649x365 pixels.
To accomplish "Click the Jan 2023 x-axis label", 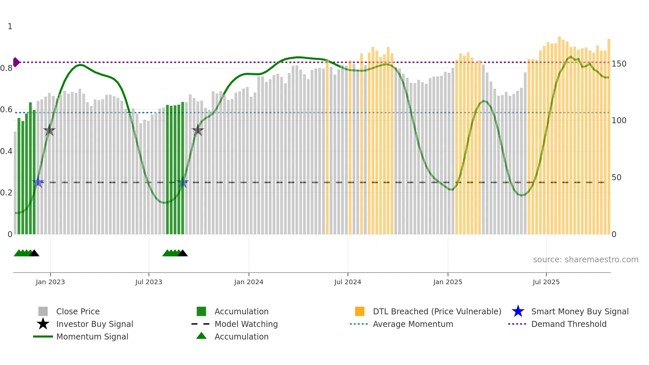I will [50, 282].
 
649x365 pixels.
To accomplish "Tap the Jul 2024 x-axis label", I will [347, 282].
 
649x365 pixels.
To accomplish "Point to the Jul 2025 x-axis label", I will [546, 282].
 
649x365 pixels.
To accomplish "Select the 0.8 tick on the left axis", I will [6, 68].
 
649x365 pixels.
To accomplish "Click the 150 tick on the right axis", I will [619, 64].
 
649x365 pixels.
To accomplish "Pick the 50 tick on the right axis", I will [617, 177].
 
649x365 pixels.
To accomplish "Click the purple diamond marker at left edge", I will [16, 62].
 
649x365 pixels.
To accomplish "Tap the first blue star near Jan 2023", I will [38, 182].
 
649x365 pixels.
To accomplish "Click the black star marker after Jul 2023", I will [198, 130].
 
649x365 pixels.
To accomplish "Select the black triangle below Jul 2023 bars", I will [182, 253].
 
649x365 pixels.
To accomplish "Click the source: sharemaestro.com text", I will [585, 259].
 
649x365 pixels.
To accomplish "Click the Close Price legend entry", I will [78, 311].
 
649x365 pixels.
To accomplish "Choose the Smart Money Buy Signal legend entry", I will [579, 311].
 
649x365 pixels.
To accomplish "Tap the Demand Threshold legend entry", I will [569, 324].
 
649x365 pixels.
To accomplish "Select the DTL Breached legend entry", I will [437, 311].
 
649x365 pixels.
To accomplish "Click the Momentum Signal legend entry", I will [92, 337].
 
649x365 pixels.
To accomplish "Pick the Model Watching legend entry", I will [246, 324].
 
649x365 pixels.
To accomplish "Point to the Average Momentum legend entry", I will [413, 324].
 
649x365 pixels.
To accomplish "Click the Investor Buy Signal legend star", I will [43, 324].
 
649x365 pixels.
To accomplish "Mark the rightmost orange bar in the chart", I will [609, 136].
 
